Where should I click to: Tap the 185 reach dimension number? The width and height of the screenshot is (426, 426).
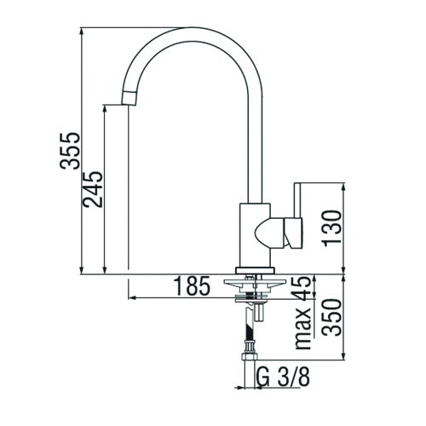tap(193, 286)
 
